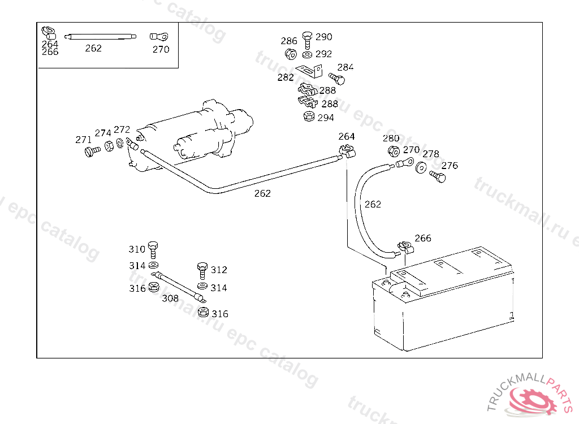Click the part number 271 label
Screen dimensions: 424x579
(x=83, y=140)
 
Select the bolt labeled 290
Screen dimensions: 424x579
(x=307, y=40)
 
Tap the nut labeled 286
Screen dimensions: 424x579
(x=291, y=54)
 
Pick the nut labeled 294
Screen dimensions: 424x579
(x=309, y=117)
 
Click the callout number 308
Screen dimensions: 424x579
(x=170, y=298)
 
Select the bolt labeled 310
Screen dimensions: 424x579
(x=153, y=249)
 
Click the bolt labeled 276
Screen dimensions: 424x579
(x=438, y=176)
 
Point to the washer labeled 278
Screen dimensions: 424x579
(x=421, y=168)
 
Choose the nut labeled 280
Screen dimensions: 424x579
(x=394, y=151)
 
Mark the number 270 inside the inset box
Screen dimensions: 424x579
(x=161, y=49)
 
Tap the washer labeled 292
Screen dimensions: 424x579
(x=307, y=55)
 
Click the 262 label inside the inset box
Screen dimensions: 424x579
(x=93, y=49)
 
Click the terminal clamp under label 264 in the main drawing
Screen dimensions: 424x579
(x=347, y=152)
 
